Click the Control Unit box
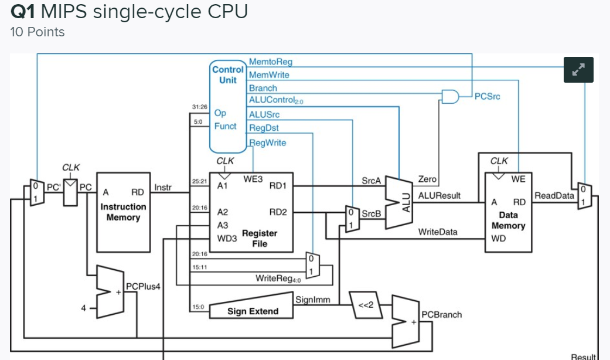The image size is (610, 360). [x=228, y=106]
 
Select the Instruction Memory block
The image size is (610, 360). [x=123, y=212]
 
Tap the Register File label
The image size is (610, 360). [x=260, y=237]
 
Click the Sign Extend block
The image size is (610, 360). [x=252, y=311]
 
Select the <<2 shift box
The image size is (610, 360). [x=366, y=304]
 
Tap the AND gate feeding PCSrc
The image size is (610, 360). [x=450, y=96]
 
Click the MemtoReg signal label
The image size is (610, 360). [x=270, y=62]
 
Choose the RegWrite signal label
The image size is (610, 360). [x=268, y=142]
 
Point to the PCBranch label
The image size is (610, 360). [x=442, y=315]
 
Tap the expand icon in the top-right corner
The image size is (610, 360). [x=578, y=70]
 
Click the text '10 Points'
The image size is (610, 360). [x=38, y=32]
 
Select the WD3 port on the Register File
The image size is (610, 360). [x=226, y=239]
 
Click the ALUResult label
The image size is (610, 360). [x=439, y=195]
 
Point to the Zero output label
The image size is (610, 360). [x=428, y=179]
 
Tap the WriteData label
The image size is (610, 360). [x=437, y=232]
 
